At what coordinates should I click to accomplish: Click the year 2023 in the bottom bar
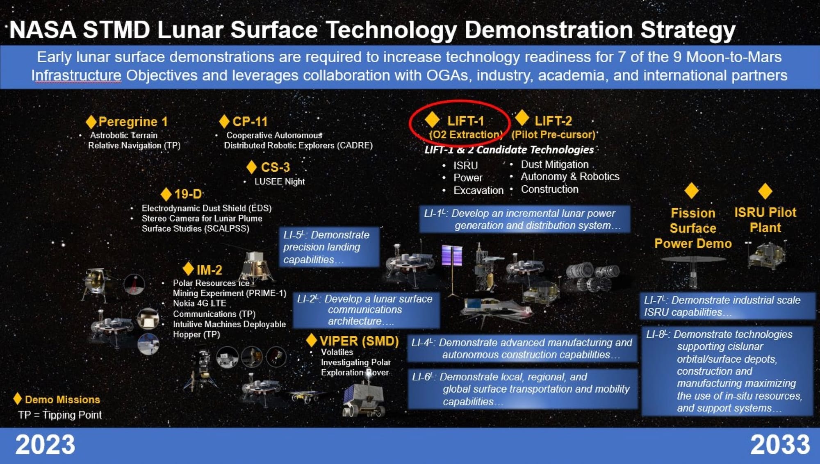point(45,445)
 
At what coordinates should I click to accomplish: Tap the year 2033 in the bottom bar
point(780,445)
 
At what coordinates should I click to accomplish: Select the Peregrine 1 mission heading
point(133,122)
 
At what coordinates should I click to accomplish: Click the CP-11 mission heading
point(250,122)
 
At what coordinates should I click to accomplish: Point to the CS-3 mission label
point(275,167)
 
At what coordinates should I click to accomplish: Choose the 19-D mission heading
point(188,194)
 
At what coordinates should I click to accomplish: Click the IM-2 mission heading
point(209,270)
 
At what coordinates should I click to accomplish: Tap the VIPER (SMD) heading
point(359,341)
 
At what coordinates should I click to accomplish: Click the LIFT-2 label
point(553,121)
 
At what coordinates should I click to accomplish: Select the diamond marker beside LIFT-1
point(432,120)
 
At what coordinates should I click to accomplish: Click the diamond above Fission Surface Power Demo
point(692,191)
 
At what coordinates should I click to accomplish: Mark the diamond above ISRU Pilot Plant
point(765,191)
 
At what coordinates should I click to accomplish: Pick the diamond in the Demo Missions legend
point(17,398)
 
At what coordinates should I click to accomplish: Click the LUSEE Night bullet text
point(280,182)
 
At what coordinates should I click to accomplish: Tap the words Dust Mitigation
point(555,164)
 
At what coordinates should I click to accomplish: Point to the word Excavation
point(478,191)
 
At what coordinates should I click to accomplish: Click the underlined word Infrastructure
point(76,76)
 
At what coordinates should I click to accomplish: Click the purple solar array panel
point(452,255)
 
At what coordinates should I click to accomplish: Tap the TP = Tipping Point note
point(60,415)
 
